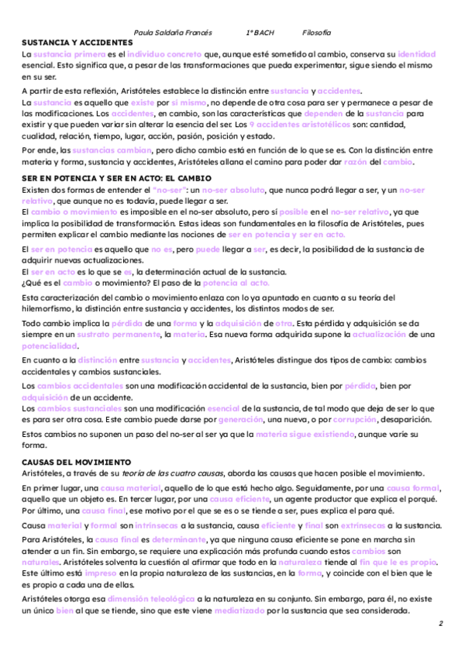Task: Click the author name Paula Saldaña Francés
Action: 174,32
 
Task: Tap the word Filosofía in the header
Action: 316,32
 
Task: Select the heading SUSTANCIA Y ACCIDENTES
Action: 78,42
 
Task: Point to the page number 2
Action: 440,624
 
